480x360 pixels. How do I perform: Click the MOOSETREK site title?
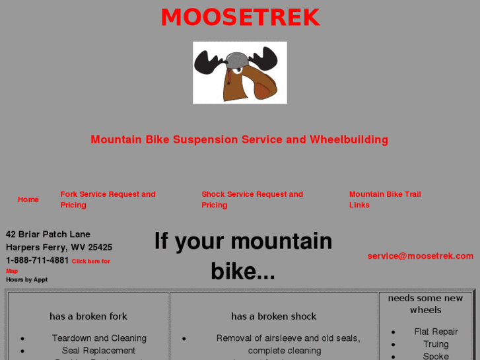(x=240, y=18)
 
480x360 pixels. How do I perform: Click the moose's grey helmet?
(x=236, y=60)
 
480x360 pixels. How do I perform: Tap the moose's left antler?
(x=209, y=63)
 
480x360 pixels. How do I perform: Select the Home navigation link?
(x=28, y=199)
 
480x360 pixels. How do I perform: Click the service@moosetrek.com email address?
(x=420, y=256)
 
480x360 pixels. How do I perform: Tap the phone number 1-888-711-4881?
(x=37, y=260)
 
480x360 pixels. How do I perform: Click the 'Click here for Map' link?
(x=90, y=262)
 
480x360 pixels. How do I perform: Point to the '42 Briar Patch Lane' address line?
(x=48, y=234)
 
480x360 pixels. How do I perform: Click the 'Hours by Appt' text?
(x=27, y=279)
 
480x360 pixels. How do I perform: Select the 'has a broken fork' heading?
(x=88, y=316)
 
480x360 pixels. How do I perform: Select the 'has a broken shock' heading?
(x=273, y=316)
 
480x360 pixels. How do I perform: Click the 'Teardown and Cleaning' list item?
(x=99, y=338)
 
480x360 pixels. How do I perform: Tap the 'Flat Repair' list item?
(x=436, y=332)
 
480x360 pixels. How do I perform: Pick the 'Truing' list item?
(x=436, y=344)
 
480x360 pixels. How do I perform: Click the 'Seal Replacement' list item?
(x=98, y=351)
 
